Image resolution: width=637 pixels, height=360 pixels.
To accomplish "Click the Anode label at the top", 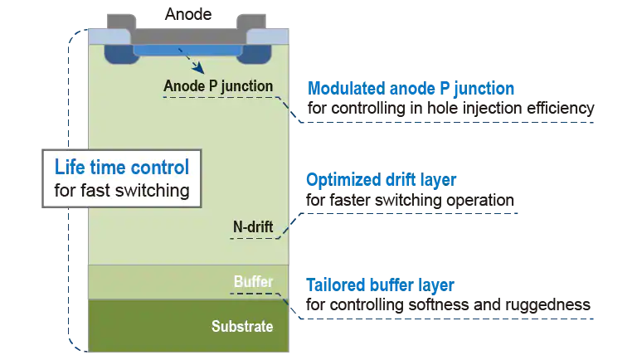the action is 188,14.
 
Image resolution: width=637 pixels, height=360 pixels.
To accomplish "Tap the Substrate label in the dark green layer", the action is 242,326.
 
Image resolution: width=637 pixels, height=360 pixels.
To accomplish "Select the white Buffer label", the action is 253,281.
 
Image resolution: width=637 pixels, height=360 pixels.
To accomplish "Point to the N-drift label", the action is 253,226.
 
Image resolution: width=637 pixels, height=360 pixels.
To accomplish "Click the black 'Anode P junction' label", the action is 218,86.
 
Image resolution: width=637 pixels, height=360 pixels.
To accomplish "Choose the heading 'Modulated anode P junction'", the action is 411,89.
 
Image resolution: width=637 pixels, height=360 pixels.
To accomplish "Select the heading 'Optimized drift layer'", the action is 381,180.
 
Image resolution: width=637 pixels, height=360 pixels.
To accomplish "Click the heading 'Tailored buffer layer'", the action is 380,285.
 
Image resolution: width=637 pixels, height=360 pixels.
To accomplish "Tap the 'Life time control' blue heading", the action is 122,167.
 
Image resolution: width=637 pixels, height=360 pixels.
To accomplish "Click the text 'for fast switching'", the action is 122,190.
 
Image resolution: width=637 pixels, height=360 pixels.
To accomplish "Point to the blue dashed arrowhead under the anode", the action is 198,67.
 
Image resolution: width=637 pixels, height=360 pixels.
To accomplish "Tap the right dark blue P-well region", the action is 255,54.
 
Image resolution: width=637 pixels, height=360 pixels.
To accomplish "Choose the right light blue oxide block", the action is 268,36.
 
